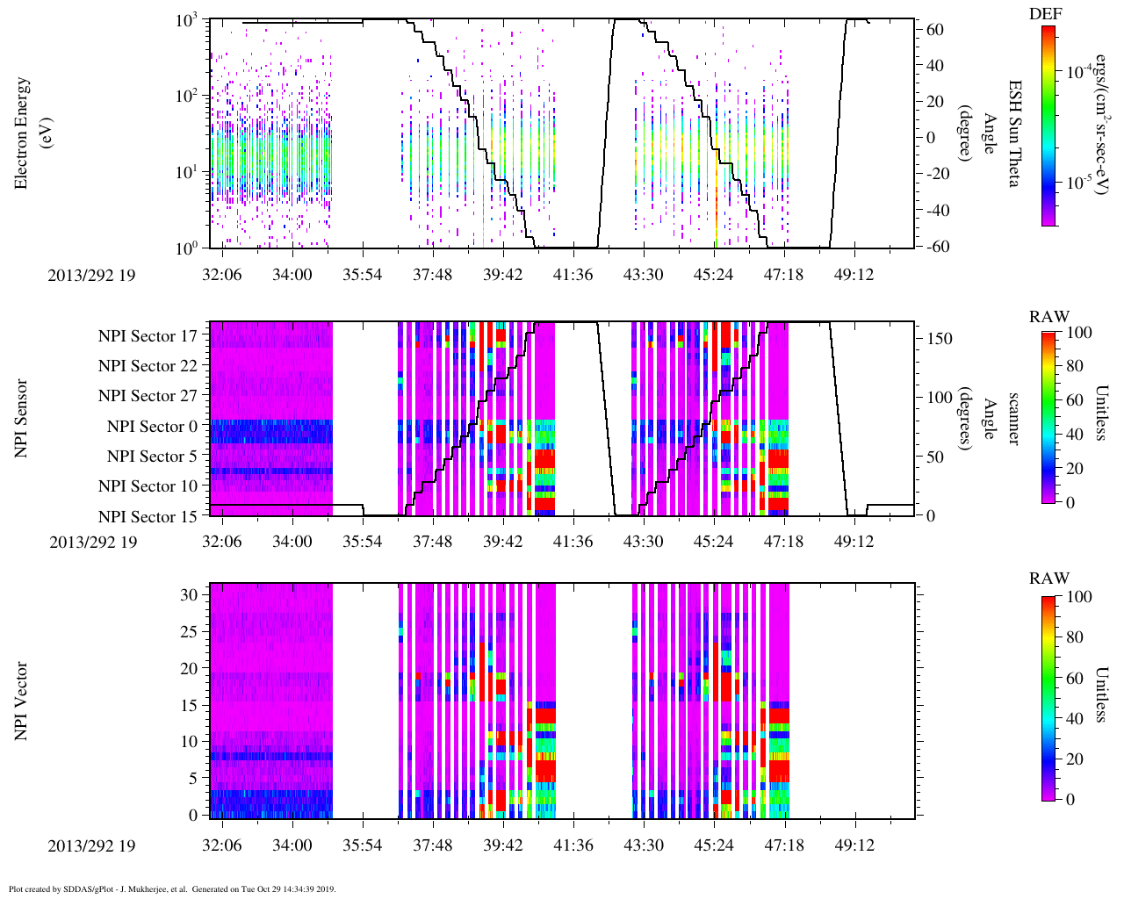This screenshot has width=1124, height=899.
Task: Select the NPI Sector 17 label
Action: pyautogui.click(x=148, y=335)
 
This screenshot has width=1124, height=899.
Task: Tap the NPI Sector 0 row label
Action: pyautogui.click(x=152, y=427)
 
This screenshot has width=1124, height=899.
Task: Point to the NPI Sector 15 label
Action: pyautogui.click(x=148, y=516)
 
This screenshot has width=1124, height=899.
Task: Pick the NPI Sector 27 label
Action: pyautogui.click(x=148, y=396)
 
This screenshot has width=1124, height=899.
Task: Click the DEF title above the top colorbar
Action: pyautogui.click(x=1045, y=13)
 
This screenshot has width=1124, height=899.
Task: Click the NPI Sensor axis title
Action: pyautogui.click(x=22, y=418)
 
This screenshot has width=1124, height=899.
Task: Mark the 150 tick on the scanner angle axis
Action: pyautogui.click(x=940, y=339)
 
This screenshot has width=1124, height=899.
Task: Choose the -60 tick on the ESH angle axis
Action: pyautogui.click(x=936, y=247)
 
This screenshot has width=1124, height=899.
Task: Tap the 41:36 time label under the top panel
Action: pyautogui.click(x=573, y=275)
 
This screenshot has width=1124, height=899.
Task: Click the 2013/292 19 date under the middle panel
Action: pyautogui.click(x=93, y=542)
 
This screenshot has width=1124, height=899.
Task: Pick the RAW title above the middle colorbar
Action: pyautogui.click(x=1049, y=317)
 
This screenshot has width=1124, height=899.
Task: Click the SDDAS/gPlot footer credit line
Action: pyautogui.click(x=172, y=889)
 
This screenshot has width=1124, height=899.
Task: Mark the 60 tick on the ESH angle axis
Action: pyautogui.click(x=936, y=30)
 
